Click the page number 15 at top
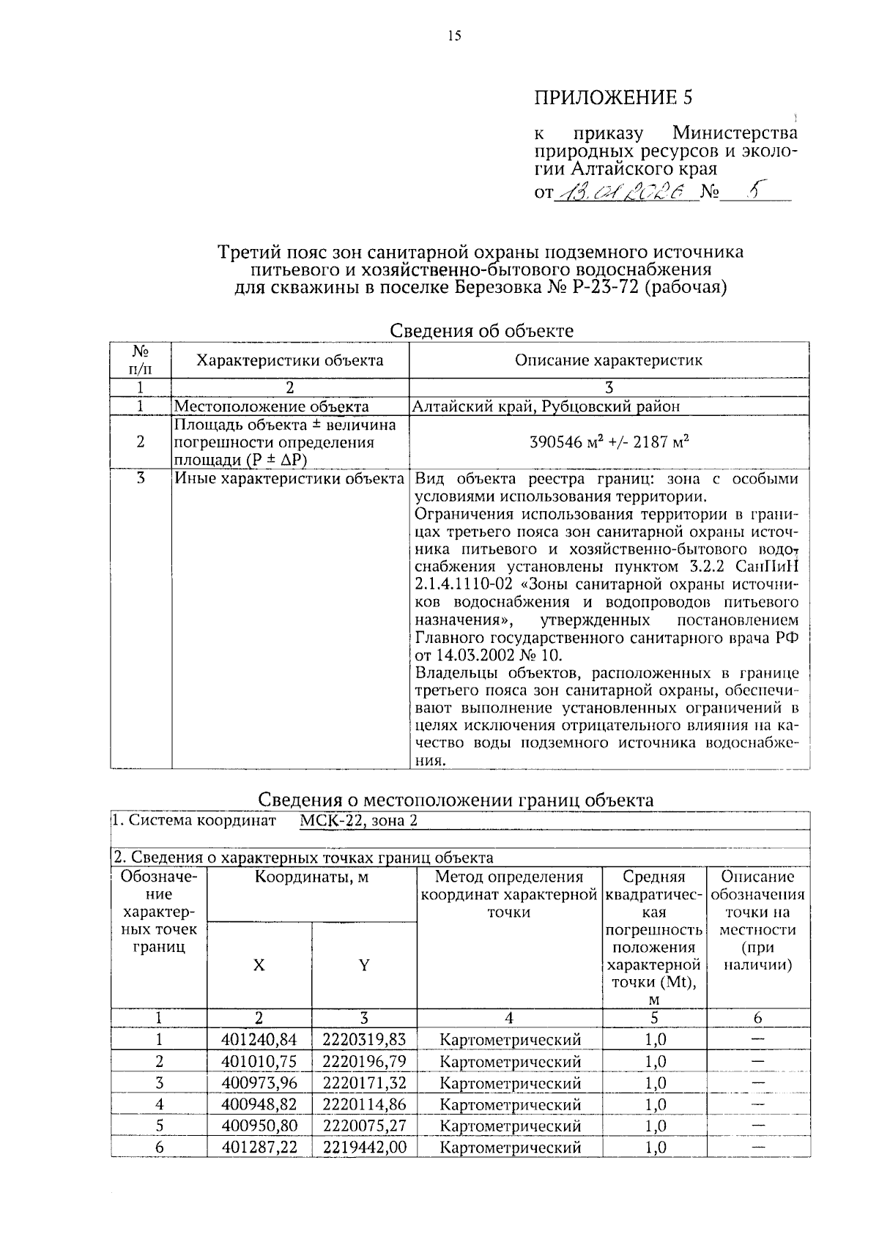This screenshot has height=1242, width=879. (454, 36)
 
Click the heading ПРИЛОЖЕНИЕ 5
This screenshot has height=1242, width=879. (612, 97)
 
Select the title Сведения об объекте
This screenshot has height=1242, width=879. (481, 331)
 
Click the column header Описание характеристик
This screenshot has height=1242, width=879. (608, 360)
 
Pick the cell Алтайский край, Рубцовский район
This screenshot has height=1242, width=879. (546, 406)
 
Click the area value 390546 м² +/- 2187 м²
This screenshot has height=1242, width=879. (608, 442)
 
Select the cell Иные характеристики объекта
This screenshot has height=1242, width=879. (289, 479)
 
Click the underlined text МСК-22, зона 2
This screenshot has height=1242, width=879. (358, 820)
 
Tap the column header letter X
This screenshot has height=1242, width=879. (259, 965)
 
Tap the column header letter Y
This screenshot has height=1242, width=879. (364, 965)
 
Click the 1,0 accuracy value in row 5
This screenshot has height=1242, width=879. (655, 1126)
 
